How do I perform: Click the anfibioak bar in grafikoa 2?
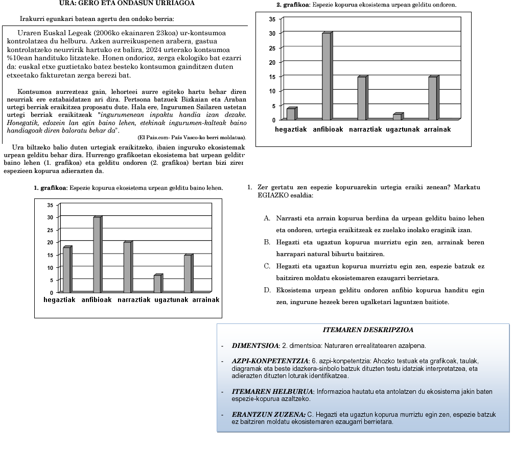pos(326,77)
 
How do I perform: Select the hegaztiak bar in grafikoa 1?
pos(66,270)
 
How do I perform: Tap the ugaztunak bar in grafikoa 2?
pos(398,117)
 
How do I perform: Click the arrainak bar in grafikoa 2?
pos(433,98)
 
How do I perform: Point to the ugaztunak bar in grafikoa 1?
pos(158,284)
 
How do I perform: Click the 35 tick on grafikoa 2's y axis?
pos(272,19)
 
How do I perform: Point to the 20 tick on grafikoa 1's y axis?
pos(50,242)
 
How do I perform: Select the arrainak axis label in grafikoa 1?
pos(206,300)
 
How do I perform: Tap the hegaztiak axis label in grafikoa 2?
pos(291,130)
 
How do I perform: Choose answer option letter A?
pos(267,218)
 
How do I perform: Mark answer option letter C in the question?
pos(267,266)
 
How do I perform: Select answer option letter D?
pos(267,290)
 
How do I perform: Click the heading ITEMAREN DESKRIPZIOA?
pos(368,330)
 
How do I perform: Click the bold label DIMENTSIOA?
pos(254,345)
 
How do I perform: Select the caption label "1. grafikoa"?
pos(51,188)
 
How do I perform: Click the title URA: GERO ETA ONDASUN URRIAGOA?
pos(120,3)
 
